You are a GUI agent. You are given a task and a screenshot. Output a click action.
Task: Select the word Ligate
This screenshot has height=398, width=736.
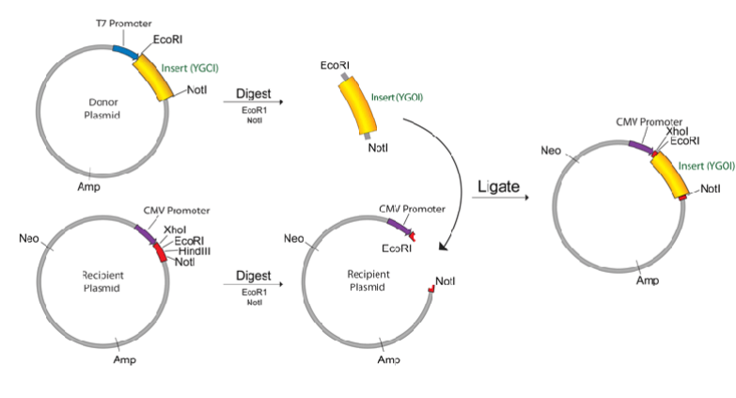(x=498, y=186)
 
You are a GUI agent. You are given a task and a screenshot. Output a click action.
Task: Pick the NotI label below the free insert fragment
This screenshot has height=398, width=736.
(x=379, y=148)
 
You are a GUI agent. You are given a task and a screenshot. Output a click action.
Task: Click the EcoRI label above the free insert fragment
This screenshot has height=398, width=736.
(x=336, y=65)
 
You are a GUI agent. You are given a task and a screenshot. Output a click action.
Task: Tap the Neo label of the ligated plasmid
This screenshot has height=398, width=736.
(x=553, y=151)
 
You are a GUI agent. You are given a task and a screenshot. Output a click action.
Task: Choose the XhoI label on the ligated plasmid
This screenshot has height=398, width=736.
(x=677, y=132)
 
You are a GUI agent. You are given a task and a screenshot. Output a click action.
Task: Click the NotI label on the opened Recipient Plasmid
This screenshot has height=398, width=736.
(x=446, y=281)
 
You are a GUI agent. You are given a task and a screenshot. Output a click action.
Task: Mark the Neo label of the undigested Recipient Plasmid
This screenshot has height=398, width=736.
(x=28, y=239)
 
